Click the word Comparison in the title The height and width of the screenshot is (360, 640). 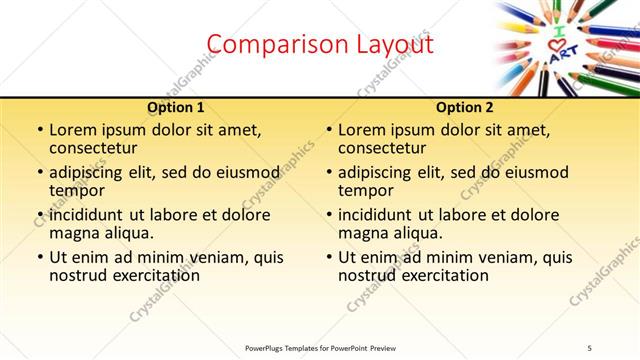click(263, 44)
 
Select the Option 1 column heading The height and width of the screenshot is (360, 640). click(176, 107)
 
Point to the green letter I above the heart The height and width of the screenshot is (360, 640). click(559, 33)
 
